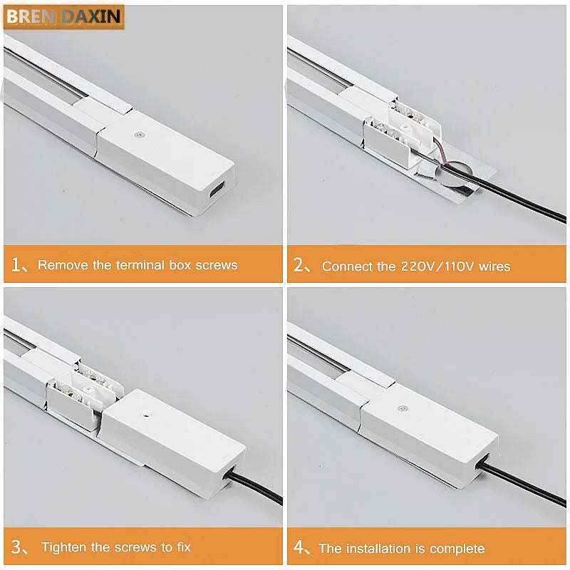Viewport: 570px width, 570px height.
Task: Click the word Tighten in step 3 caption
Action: coord(66,547)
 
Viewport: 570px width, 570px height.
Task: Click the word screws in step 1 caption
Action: coord(213,265)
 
